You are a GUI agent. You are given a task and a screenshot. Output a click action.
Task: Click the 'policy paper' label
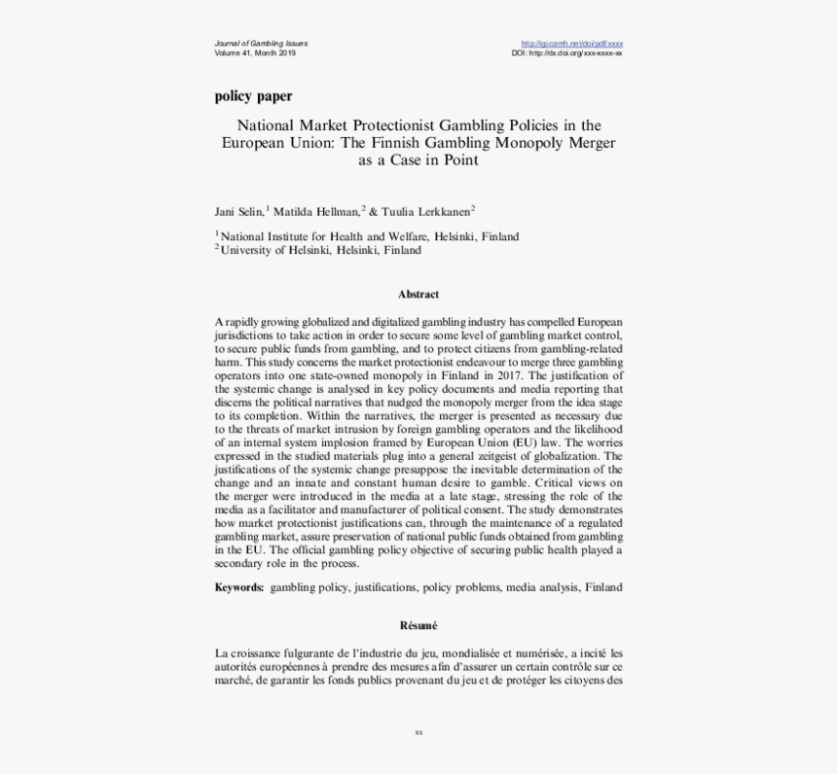click(253, 96)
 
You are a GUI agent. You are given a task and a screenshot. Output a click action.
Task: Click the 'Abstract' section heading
click(418, 294)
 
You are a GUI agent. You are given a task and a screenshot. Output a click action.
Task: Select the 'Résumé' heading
click(418, 625)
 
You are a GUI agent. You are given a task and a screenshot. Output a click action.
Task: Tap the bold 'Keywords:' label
click(238, 587)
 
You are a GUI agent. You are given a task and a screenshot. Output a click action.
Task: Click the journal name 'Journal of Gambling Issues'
click(261, 44)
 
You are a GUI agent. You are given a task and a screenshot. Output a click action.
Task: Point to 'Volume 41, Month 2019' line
click(255, 53)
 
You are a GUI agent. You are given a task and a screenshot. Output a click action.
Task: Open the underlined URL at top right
click(572, 44)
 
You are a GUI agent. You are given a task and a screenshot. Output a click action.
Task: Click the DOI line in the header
click(567, 53)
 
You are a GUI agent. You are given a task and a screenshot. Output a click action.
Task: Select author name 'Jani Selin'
click(238, 211)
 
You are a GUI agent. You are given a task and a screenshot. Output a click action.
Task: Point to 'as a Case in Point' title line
click(418, 159)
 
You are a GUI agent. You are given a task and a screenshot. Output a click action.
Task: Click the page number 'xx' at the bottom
click(418, 731)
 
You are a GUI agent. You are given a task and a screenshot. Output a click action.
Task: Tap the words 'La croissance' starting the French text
click(247, 653)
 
